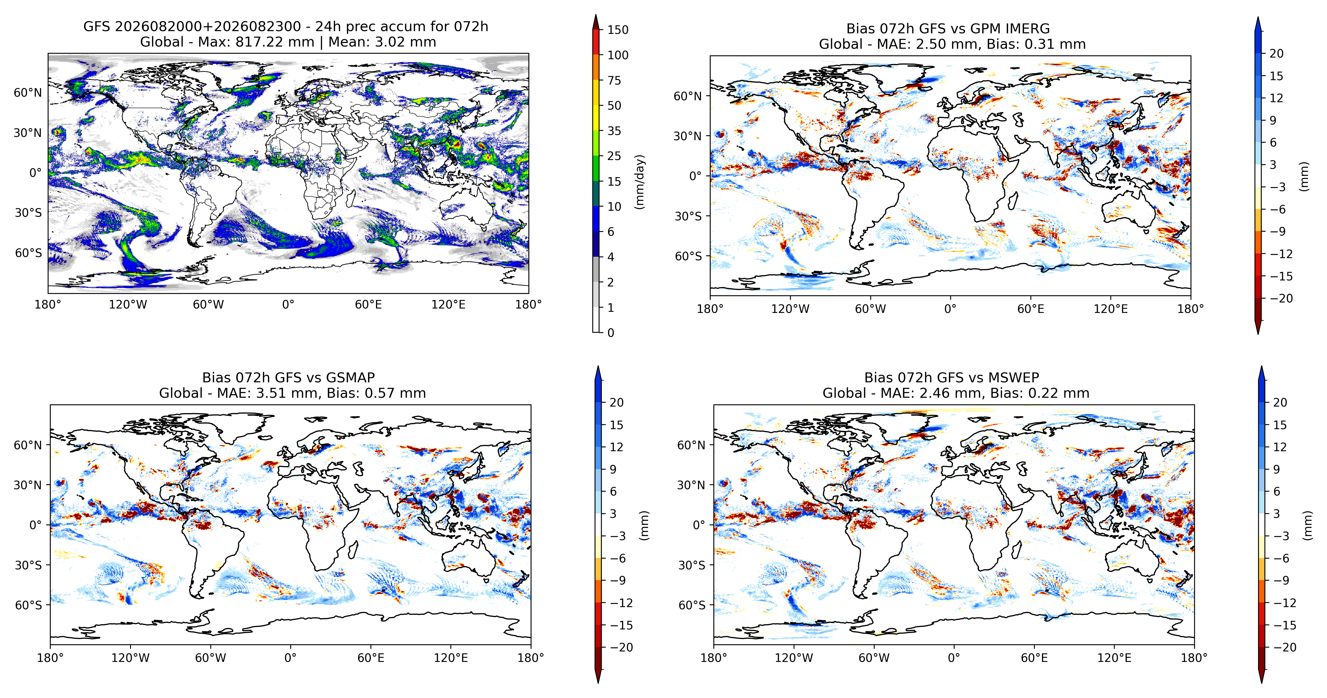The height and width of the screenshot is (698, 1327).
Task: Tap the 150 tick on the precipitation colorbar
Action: click(618, 30)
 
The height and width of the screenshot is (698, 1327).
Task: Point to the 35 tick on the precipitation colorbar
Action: click(614, 131)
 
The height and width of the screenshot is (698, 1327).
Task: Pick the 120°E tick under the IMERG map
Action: click(1111, 309)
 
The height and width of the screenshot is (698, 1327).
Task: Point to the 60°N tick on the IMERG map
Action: click(688, 96)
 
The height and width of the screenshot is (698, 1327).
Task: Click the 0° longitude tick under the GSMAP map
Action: click(291, 658)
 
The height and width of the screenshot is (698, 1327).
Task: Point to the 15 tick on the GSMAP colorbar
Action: click(617, 425)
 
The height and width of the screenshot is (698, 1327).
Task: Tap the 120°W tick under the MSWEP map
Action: click(794, 658)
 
